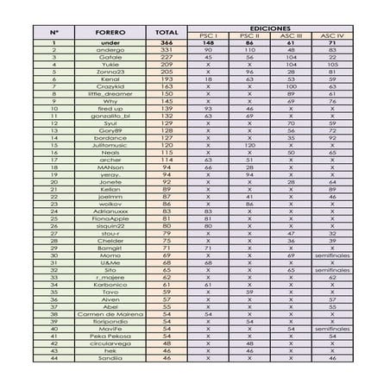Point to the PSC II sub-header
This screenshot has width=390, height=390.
[248, 35]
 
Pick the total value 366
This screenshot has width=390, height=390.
[167, 43]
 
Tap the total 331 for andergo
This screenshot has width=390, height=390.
[167, 50]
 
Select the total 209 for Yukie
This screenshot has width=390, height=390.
[167, 64]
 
